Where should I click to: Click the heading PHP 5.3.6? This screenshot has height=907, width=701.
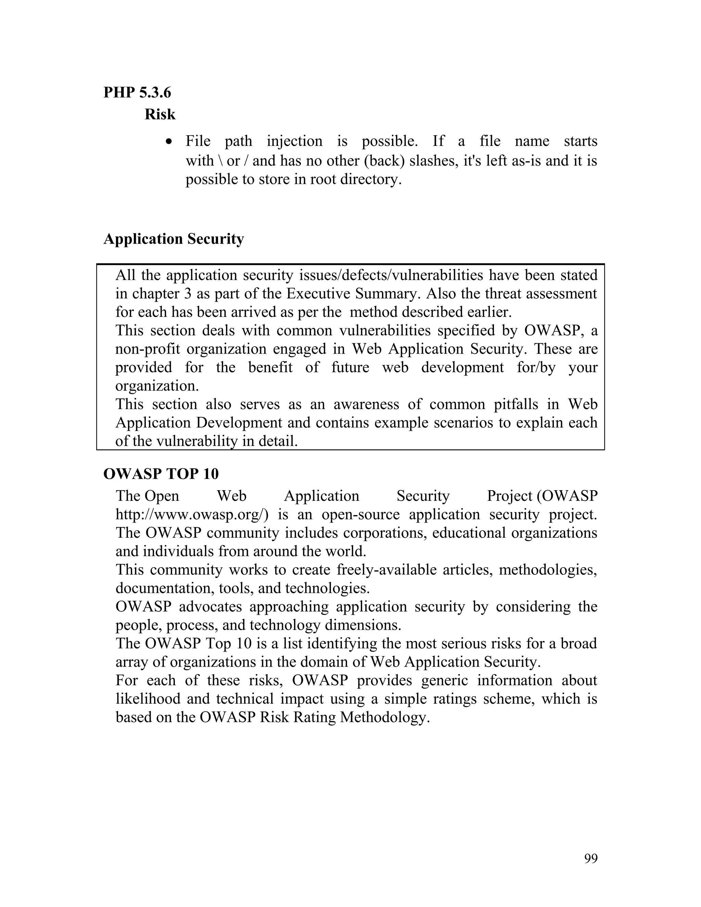click(x=137, y=92)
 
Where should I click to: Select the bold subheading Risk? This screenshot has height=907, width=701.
click(x=160, y=114)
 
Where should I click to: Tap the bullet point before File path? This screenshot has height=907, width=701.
click(x=168, y=142)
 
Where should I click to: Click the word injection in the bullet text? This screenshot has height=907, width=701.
click(x=294, y=141)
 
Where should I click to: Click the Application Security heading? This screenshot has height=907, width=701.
click(x=174, y=239)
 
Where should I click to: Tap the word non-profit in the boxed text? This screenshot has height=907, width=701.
click(x=148, y=349)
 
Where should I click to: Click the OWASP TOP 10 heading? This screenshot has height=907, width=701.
click(x=161, y=474)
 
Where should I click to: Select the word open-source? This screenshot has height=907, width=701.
click(x=360, y=514)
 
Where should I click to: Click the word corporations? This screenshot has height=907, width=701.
click(x=384, y=533)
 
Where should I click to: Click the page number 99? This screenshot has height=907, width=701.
click(x=590, y=858)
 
